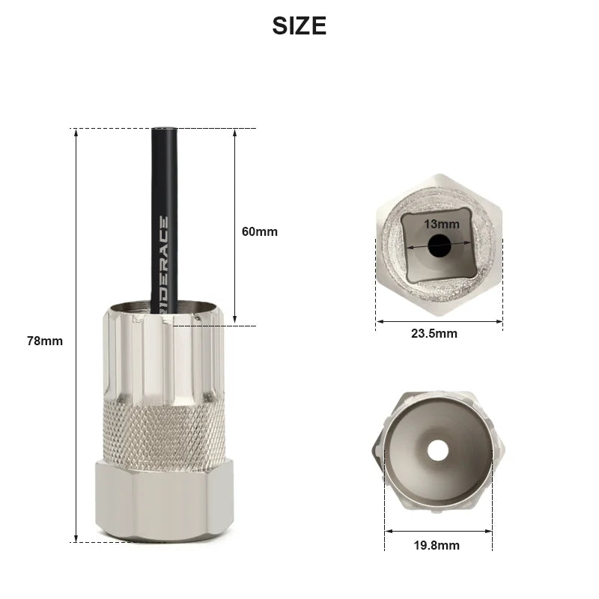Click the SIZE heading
point(299,25)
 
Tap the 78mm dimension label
point(45,341)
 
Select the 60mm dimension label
point(260,231)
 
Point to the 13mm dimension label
point(441,224)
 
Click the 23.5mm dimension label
point(434,333)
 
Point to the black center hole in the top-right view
point(439,245)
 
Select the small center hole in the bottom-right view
point(438,449)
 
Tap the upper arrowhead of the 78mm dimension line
point(76,133)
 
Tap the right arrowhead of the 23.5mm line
point(499,321)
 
